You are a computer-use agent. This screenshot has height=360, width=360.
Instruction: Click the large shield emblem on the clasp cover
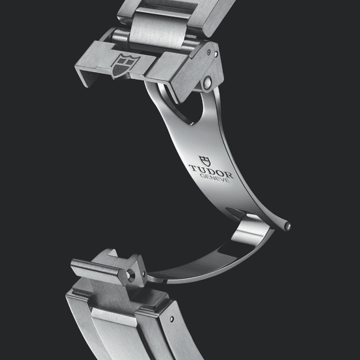[x=125, y=66]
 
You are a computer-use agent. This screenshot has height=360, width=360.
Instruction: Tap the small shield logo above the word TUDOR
[x=205, y=161]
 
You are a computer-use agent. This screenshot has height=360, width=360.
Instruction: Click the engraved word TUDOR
[x=211, y=171]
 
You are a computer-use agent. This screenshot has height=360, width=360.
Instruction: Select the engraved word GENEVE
[x=215, y=178]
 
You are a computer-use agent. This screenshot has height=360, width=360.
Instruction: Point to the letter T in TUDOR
[x=194, y=168]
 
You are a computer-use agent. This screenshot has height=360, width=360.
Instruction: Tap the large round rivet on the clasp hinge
[x=207, y=83]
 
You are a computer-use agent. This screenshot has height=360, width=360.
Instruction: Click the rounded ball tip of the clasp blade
[x=287, y=227]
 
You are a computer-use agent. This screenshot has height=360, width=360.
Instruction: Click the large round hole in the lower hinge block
[x=131, y=274]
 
